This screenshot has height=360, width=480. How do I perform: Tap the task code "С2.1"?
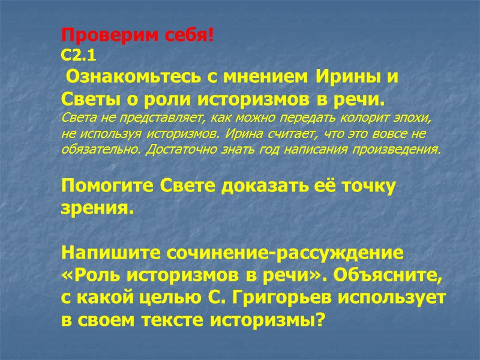[x=79, y=56]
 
